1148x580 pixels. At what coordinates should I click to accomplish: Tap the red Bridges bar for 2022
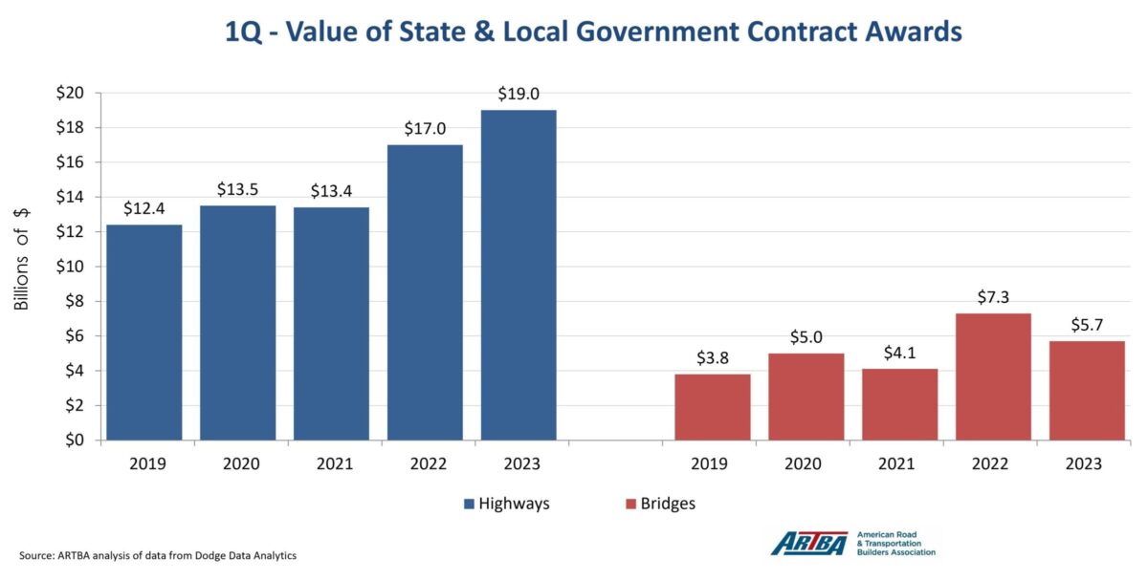(993, 376)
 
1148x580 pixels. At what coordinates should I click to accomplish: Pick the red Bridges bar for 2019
(712, 407)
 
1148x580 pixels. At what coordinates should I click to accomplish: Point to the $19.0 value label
(519, 95)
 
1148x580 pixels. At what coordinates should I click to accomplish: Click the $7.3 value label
(993, 297)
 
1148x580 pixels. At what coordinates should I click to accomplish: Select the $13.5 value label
(237, 189)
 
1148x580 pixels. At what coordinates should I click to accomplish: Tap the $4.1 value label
(899, 353)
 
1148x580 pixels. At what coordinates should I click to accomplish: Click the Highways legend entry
(506, 504)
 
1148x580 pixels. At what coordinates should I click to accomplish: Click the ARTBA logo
(809, 543)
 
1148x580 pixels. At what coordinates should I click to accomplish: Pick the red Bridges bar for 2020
(806, 397)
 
